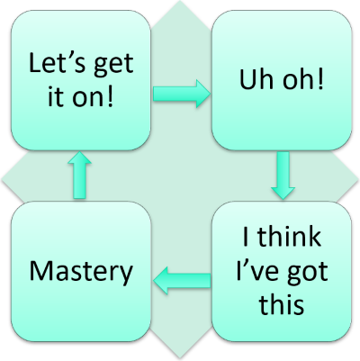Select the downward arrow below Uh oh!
[x=282, y=176]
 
